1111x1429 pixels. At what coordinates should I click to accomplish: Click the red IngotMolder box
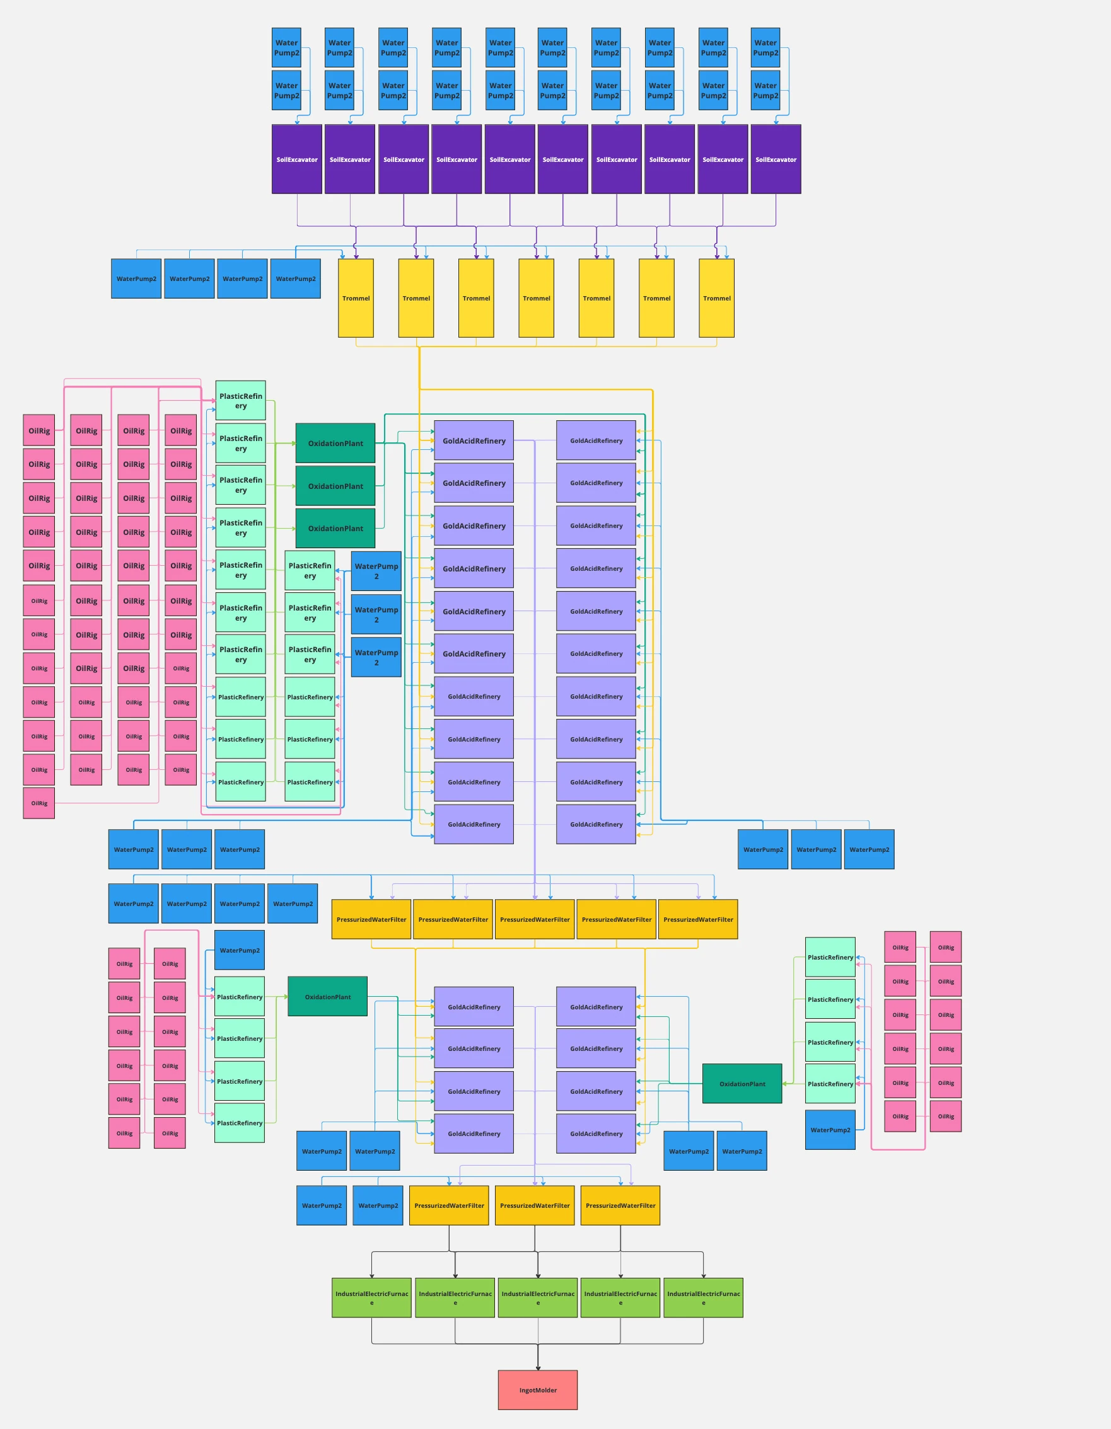click(537, 1390)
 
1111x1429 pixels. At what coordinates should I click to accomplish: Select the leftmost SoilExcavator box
click(296, 159)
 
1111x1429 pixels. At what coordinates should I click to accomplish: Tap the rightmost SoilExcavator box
click(776, 159)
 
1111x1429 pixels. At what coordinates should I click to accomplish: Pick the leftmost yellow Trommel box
click(356, 297)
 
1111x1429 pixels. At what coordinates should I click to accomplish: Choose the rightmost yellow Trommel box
click(716, 297)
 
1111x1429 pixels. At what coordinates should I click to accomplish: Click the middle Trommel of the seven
click(536, 297)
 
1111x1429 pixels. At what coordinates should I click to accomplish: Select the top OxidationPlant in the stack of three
click(335, 443)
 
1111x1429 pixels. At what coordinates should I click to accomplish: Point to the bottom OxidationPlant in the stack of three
click(335, 528)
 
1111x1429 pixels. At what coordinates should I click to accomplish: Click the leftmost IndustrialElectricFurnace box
click(371, 1297)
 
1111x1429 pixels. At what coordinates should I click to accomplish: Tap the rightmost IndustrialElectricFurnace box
click(703, 1297)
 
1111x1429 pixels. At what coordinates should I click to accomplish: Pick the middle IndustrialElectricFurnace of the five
click(537, 1297)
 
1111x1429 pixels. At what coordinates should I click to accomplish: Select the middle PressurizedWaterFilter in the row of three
click(534, 1205)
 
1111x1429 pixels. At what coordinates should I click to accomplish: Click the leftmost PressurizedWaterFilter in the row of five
click(371, 919)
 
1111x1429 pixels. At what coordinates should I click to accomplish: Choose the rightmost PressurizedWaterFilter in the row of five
click(698, 919)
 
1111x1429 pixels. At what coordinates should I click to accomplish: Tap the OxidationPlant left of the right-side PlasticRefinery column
click(742, 1084)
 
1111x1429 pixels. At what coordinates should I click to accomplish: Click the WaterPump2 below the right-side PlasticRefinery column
click(830, 1130)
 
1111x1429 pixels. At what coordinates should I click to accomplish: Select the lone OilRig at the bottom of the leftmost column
click(38, 803)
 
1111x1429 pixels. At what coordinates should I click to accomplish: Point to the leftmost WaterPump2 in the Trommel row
click(136, 278)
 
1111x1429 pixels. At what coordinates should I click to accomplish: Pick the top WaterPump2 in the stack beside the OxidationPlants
click(376, 571)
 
